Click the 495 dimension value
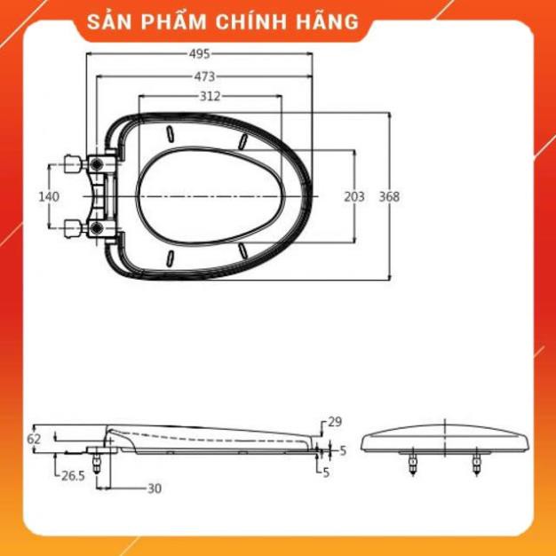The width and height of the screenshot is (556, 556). pos(199,53)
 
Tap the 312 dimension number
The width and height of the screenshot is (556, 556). pos(210,96)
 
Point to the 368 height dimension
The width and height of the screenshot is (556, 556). pos(389,197)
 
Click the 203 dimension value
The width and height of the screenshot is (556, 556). pos(354,197)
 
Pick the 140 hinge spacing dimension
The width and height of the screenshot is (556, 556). pos(50,197)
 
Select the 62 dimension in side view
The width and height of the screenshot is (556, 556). pos(35,439)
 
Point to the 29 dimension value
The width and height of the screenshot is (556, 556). pos(334,422)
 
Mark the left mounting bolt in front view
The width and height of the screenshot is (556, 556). pos(412,461)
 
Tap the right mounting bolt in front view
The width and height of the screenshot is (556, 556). pos(477,461)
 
